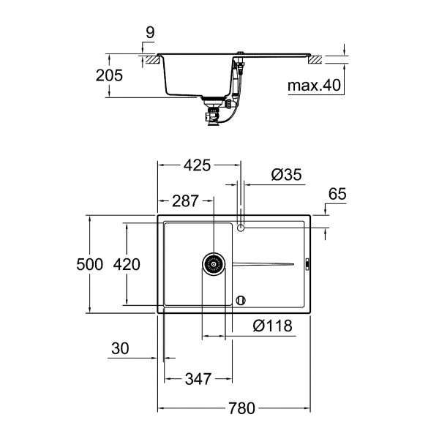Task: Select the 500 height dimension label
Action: [90, 265]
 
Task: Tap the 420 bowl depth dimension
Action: [127, 265]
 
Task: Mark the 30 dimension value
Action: [120, 349]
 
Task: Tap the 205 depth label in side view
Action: [108, 75]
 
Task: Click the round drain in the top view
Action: [214, 264]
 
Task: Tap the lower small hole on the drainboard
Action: [241, 299]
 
